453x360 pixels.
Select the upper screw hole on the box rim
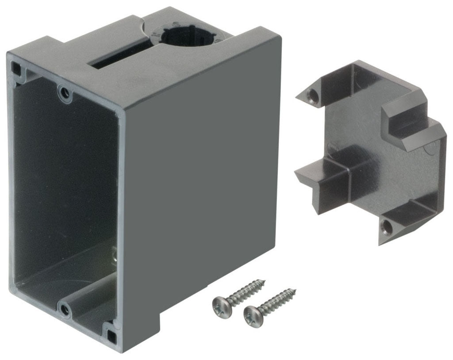tap(65, 93)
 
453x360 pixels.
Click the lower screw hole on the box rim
tap(65, 309)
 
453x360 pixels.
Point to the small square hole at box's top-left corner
tap(16, 68)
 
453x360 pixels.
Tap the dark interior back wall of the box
tap(66, 177)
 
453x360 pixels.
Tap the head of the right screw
tap(253, 314)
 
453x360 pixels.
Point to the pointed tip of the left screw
tap(264, 280)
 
